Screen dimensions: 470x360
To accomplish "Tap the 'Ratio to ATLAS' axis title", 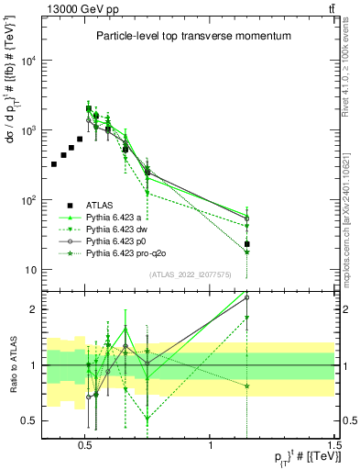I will pos(12,364).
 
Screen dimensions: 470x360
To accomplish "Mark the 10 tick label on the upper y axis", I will pos(29,270).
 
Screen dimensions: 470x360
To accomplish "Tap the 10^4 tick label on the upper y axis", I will pos(28,61).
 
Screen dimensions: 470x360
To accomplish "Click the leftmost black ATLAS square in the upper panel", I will pos(54,164).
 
